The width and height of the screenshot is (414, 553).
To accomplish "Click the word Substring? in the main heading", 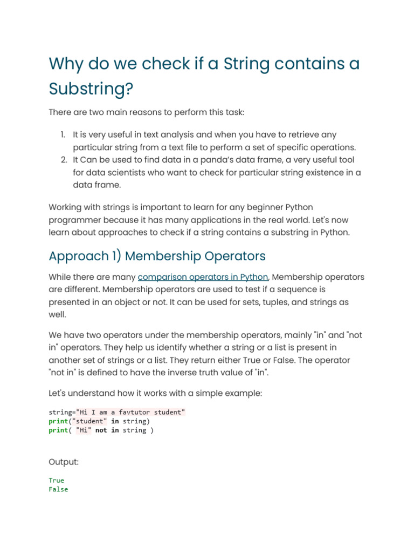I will tap(91, 89).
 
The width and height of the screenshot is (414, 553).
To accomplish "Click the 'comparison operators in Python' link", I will tap(203, 277).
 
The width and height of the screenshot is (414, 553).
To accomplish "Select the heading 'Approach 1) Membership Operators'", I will tap(157, 255).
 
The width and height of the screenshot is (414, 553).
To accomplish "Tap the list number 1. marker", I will tap(63, 134).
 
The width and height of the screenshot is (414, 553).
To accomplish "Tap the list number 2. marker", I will tap(63, 160).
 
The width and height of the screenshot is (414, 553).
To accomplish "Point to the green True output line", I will tap(56, 480).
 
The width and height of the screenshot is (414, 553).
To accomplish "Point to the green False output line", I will tap(58, 489).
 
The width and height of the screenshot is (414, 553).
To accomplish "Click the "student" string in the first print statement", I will tap(90, 421).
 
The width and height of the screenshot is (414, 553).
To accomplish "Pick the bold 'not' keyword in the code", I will tap(101, 430).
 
